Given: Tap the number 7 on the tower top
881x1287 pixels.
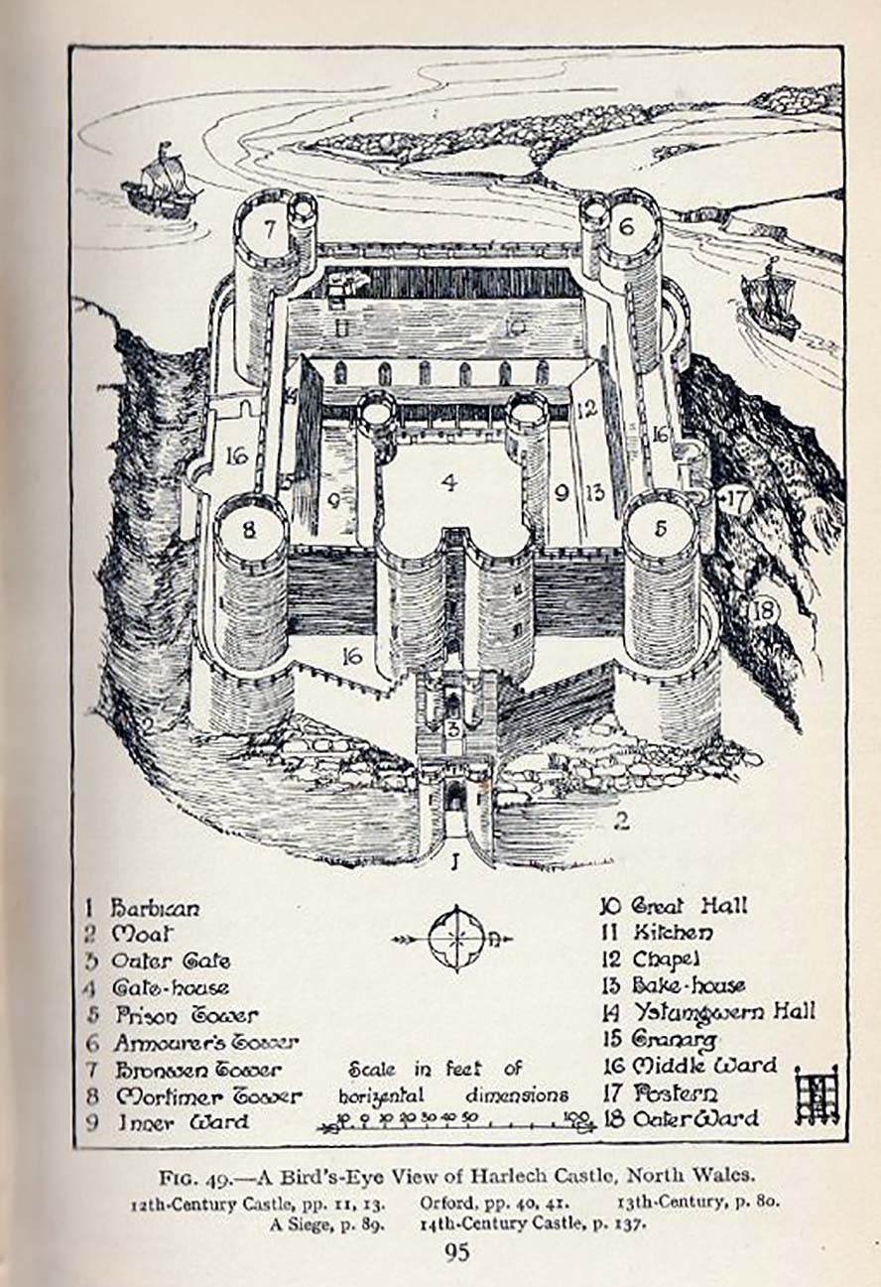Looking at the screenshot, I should [x=270, y=227].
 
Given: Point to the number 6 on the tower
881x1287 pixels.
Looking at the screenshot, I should [x=626, y=225].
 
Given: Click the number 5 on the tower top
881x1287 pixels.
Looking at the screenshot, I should [x=660, y=528].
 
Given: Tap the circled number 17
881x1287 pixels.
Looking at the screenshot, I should [x=735, y=498].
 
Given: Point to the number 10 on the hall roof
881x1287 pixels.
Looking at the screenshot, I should [x=514, y=325].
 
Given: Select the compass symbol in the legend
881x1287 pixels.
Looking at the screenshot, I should [x=456, y=938].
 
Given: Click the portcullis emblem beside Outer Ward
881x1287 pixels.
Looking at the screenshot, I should [x=818, y=1094].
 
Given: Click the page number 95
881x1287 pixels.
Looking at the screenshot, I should [x=456, y=1253].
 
